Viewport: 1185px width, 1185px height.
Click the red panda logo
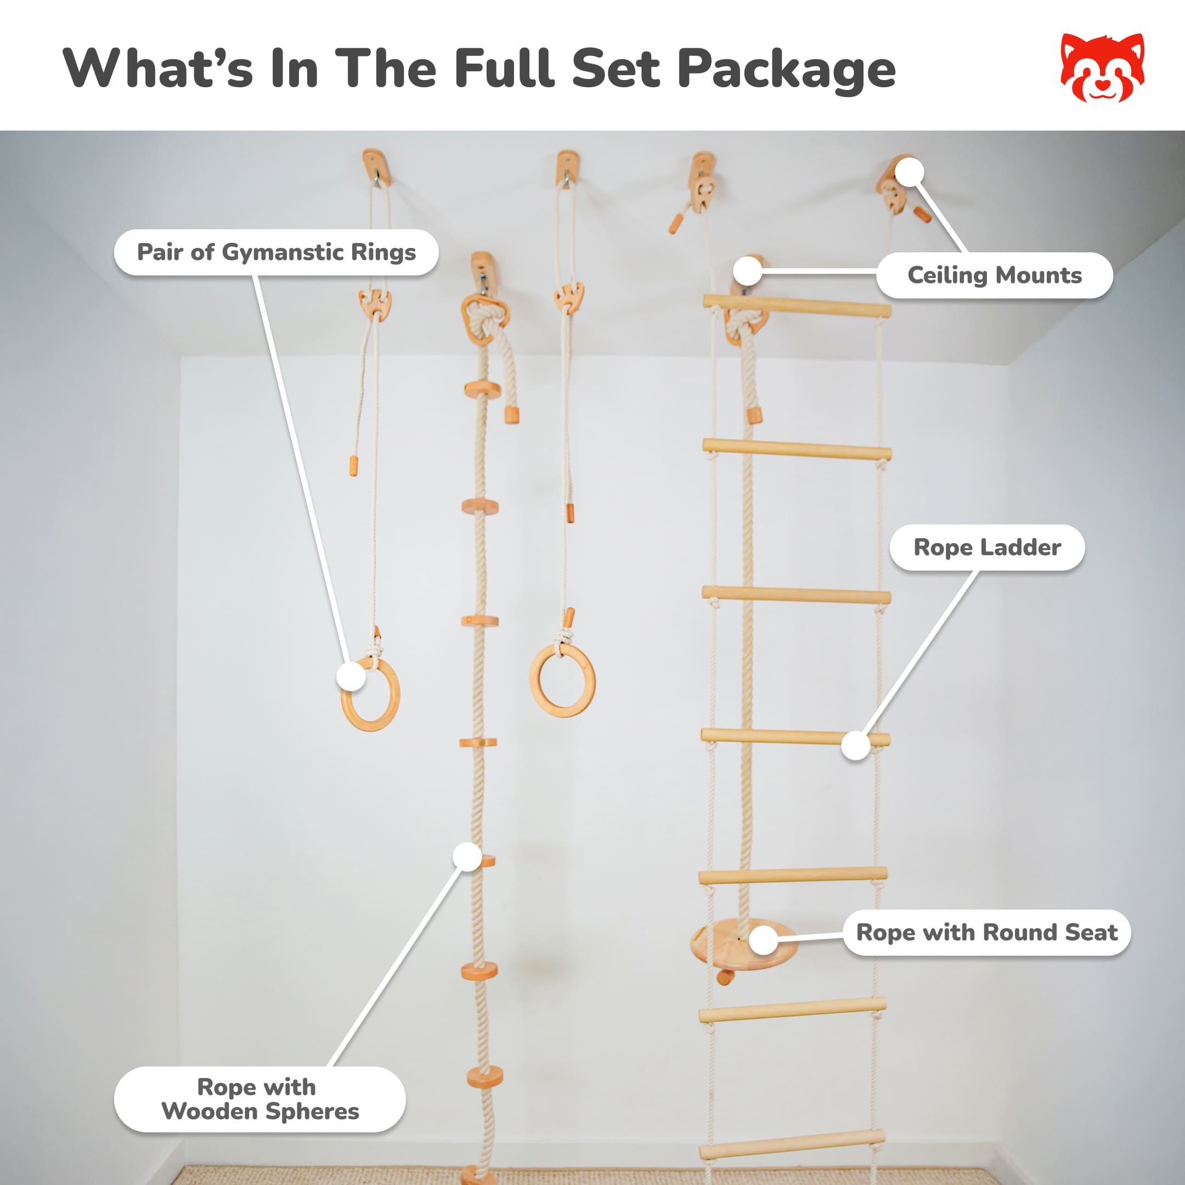tap(1102, 67)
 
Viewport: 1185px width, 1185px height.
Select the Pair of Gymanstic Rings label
tap(276, 252)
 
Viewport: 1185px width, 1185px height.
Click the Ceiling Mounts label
tap(994, 275)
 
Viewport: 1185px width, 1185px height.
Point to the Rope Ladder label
tap(987, 547)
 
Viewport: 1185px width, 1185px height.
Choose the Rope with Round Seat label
tap(986, 932)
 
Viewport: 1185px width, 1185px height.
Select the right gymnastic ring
tap(562, 680)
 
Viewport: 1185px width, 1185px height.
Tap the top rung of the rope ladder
tap(797, 305)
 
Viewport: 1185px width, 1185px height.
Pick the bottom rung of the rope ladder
tap(792, 1144)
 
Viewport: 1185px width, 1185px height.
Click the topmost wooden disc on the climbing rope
tap(482, 390)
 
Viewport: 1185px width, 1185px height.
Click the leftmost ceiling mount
tap(374, 166)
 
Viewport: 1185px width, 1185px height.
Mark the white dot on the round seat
tap(764, 940)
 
